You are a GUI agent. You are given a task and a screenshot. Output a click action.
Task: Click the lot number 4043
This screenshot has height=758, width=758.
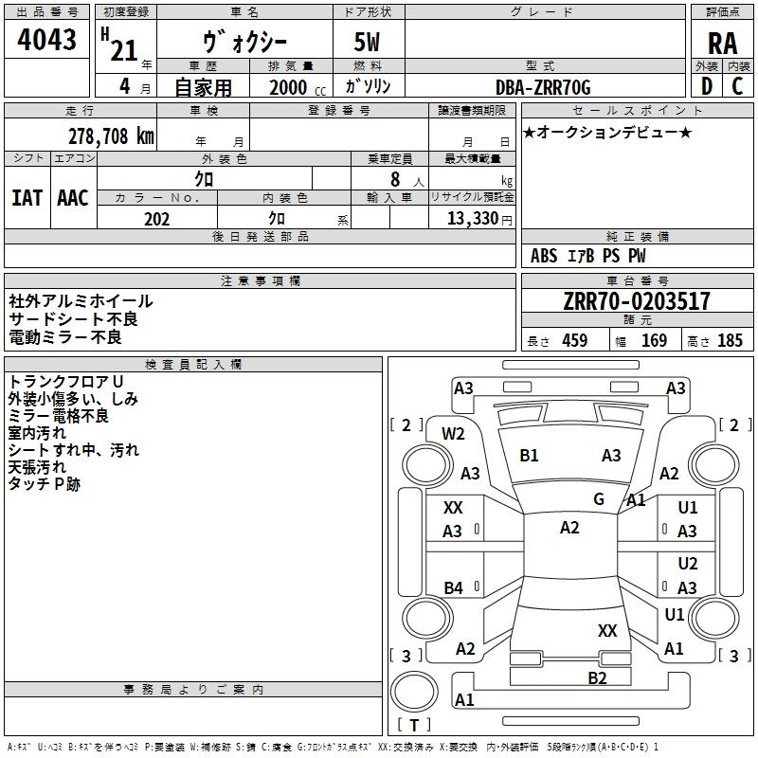point(46,41)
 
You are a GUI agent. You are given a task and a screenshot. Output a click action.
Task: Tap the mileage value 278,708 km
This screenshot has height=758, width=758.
point(111,135)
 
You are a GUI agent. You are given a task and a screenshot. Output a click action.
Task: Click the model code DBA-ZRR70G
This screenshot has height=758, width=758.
point(543,87)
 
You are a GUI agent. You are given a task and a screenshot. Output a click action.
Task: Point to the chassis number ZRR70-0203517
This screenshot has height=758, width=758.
point(636,302)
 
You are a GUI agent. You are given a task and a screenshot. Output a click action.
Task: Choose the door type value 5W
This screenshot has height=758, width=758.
point(368,44)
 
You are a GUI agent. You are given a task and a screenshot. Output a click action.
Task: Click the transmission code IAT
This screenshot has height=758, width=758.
point(27,198)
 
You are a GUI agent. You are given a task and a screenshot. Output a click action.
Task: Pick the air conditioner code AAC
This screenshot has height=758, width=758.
point(73,198)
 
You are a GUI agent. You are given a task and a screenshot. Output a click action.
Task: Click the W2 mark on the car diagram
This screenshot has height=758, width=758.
point(453,434)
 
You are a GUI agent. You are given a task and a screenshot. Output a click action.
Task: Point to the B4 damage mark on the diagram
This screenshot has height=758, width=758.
point(453,588)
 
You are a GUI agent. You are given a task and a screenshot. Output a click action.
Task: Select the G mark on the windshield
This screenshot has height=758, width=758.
point(599,499)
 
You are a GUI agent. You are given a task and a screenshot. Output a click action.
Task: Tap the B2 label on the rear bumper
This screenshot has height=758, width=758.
point(596,677)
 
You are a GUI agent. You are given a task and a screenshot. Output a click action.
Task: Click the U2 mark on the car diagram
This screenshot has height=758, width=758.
point(688,564)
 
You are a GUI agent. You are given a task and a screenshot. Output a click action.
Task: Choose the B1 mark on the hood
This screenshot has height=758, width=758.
point(529,456)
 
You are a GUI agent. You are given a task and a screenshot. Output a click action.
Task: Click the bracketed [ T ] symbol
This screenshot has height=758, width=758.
point(414,726)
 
